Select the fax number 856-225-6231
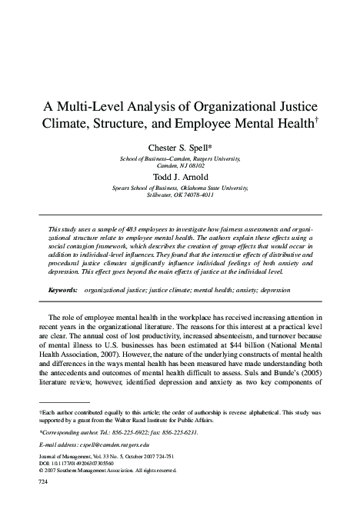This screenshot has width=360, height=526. tap(170, 433)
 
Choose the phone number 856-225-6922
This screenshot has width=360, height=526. tap(122, 433)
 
